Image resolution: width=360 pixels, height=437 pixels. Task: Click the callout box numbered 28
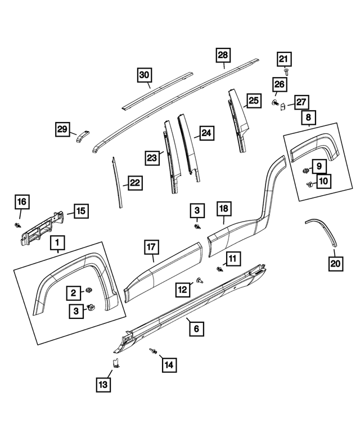point(223,55)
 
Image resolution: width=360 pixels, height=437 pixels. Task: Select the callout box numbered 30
point(145,75)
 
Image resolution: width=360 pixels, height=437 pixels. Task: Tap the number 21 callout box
point(284,59)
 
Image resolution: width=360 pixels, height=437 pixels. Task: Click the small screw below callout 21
point(286,72)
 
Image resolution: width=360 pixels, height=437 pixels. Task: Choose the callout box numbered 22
point(136,183)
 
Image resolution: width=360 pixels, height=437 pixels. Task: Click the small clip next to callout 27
point(282,106)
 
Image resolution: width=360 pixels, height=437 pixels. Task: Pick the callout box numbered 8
point(308,117)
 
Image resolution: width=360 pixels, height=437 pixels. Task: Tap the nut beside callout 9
point(305,170)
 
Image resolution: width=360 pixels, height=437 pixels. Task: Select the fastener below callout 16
point(18,225)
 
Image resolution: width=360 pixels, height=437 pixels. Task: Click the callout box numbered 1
point(57,243)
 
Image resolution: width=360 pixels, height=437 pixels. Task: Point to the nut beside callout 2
point(89,290)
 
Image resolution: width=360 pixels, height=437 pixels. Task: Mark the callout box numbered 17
point(151,247)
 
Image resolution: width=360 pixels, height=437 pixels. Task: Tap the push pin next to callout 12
point(200,280)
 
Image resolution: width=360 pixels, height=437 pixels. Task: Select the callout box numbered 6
point(196,329)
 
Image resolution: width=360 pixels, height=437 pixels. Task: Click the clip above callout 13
point(115,363)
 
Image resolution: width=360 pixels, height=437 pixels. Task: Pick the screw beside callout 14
point(153,351)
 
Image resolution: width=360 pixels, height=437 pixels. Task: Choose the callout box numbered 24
point(206,133)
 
